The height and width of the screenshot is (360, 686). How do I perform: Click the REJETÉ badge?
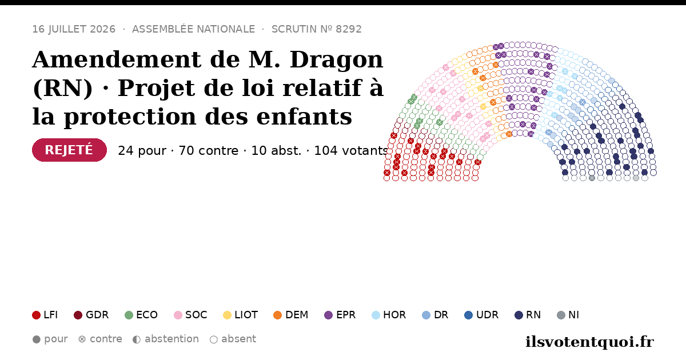(70, 150)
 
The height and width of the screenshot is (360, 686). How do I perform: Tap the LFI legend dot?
(36, 315)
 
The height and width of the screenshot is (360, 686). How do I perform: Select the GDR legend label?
(97, 315)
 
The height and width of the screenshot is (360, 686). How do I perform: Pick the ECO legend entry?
(141, 315)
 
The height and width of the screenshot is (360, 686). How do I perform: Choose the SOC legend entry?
(190, 315)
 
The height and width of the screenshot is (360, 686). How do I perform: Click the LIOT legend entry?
(241, 315)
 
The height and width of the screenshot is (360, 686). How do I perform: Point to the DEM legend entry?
(290, 315)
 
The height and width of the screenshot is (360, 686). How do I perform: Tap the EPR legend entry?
(340, 315)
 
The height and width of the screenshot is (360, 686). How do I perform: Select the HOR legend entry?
(389, 315)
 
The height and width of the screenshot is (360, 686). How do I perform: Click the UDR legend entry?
(481, 315)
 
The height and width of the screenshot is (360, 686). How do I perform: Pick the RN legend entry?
(528, 315)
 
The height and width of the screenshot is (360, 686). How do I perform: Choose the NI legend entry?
(568, 315)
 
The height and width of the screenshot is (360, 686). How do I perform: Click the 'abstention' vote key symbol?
(137, 339)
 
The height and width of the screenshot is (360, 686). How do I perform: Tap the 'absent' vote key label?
(238, 339)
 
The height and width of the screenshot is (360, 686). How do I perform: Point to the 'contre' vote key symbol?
(82, 339)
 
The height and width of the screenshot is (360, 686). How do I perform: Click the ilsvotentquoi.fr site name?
(589, 342)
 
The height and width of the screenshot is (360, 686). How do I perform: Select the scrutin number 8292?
(349, 29)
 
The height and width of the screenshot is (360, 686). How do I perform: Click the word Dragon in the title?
(336, 59)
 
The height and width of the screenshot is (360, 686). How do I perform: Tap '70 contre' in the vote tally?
(209, 151)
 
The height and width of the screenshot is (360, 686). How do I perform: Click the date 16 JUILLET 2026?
(74, 29)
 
